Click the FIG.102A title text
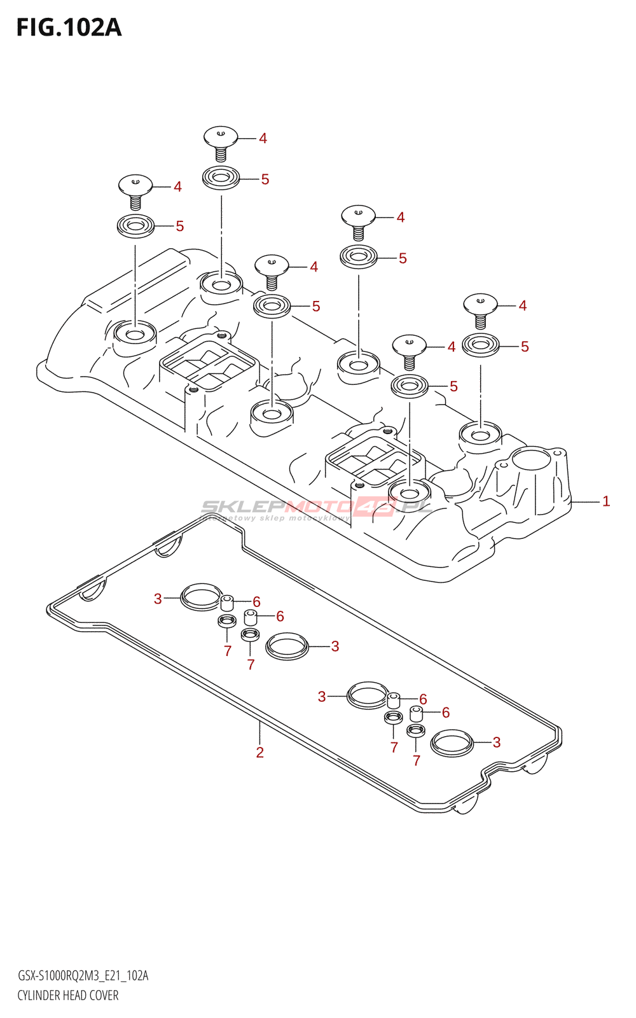pyautogui.click(x=69, y=27)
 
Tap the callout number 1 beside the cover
pyautogui.click(x=606, y=501)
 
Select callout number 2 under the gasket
pyautogui.click(x=259, y=753)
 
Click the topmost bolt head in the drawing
pyautogui.click(x=221, y=136)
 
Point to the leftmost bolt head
pyautogui.click(x=135, y=185)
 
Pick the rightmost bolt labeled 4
pyautogui.click(x=480, y=303)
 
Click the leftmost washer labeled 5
pyautogui.click(x=135, y=226)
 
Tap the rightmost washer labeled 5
pyautogui.click(x=480, y=345)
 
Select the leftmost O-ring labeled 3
pyautogui.click(x=201, y=596)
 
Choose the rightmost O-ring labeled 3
pyautogui.click(x=452, y=743)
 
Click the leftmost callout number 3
pyautogui.click(x=158, y=599)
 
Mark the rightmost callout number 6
pyautogui.click(x=446, y=713)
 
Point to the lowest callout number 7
pyautogui.click(x=416, y=760)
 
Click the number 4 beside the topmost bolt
pyautogui.click(x=263, y=138)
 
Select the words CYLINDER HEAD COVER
pyautogui.click(x=68, y=995)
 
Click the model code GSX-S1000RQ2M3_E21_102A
pyautogui.click(x=83, y=976)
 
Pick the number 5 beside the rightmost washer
pyautogui.click(x=525, y=347)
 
